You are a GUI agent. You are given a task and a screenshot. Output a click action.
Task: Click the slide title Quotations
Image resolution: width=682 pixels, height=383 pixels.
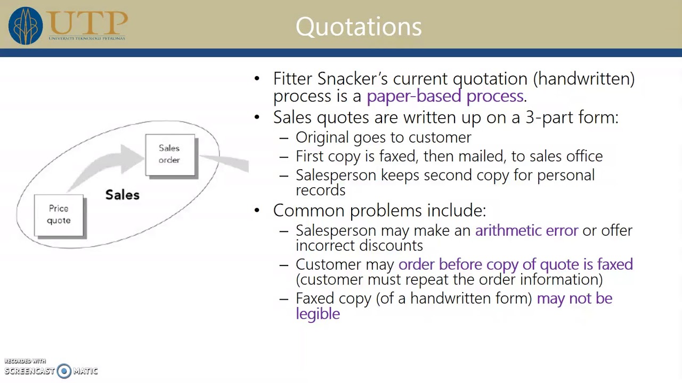358,27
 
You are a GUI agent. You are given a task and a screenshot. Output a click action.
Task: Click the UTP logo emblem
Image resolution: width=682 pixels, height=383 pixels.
25,26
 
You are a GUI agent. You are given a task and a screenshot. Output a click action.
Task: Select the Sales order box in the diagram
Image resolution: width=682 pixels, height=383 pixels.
170,154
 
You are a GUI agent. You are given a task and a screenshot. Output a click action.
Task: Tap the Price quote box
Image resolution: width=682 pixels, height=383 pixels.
59,214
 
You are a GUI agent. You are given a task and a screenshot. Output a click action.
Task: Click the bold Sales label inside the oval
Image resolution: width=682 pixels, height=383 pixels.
122,195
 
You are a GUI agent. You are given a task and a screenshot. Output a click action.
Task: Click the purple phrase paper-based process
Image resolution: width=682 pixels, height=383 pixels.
444,96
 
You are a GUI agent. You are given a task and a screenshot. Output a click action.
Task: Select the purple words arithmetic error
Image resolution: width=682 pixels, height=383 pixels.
526,230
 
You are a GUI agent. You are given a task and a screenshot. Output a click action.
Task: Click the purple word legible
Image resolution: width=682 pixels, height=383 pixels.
318,313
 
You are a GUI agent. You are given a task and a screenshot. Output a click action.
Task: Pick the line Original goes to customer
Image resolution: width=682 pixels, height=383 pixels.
383,137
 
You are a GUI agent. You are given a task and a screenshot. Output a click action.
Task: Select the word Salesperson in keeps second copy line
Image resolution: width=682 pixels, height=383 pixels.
336,175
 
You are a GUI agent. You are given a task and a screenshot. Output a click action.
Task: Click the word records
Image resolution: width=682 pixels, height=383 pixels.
320,190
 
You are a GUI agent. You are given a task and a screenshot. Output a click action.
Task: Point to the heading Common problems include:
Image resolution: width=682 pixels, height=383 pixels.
379,210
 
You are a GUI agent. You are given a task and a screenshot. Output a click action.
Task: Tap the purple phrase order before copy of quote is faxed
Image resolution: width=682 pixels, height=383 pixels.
515,264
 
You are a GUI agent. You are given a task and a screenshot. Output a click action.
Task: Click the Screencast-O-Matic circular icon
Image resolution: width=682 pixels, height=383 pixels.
64,371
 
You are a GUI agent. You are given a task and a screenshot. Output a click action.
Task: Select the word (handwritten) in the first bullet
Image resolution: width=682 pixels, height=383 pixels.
583,79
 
